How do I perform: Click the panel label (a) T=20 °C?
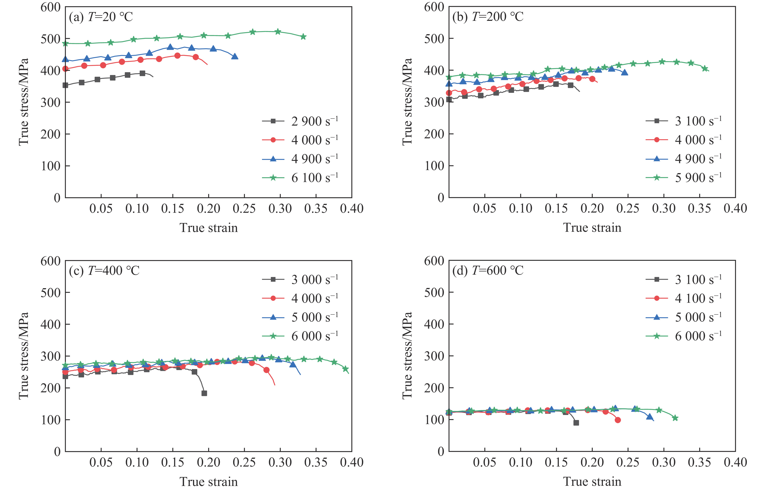point(101,17)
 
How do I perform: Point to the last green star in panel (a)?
point(303,37)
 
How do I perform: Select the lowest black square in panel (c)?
point(204,393)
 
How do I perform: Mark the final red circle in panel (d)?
point(618,420)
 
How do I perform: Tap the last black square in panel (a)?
point(142,73)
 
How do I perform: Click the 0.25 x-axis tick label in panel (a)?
point(244,209)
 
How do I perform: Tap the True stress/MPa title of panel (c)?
point(24,356)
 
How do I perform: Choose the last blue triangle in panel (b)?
point(624,73)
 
